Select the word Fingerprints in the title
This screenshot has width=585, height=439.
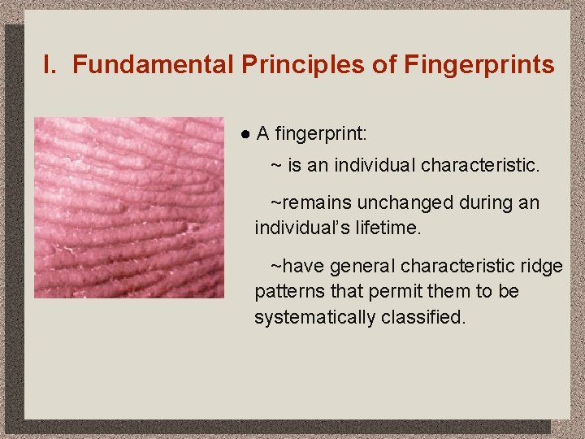(479, 65)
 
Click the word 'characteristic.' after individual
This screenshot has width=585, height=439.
(480, 166)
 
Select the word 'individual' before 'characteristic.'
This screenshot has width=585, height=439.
(376, 166)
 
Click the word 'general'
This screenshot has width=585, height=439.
(360, 267)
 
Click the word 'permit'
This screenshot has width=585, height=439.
(404, 291)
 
